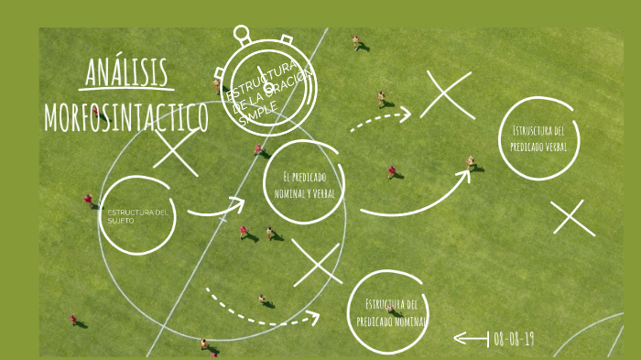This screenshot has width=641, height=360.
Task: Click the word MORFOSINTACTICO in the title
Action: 125,117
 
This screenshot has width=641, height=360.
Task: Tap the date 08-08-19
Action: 514,339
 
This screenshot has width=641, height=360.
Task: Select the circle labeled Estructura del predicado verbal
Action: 539,138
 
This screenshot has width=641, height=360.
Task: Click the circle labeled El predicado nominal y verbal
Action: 303,183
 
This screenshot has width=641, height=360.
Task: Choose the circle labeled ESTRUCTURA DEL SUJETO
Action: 136,216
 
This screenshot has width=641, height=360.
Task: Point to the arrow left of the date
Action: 471,339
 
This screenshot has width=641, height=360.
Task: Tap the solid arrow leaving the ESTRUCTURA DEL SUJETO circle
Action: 215,208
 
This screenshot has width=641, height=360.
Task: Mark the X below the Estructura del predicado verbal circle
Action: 573,218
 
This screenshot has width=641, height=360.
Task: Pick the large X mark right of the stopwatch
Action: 446,96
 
